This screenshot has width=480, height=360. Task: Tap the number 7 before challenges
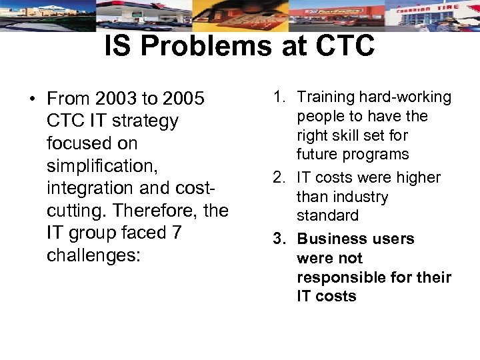(x=177, y=233)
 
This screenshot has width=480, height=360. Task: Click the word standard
(x=327, y=215)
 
